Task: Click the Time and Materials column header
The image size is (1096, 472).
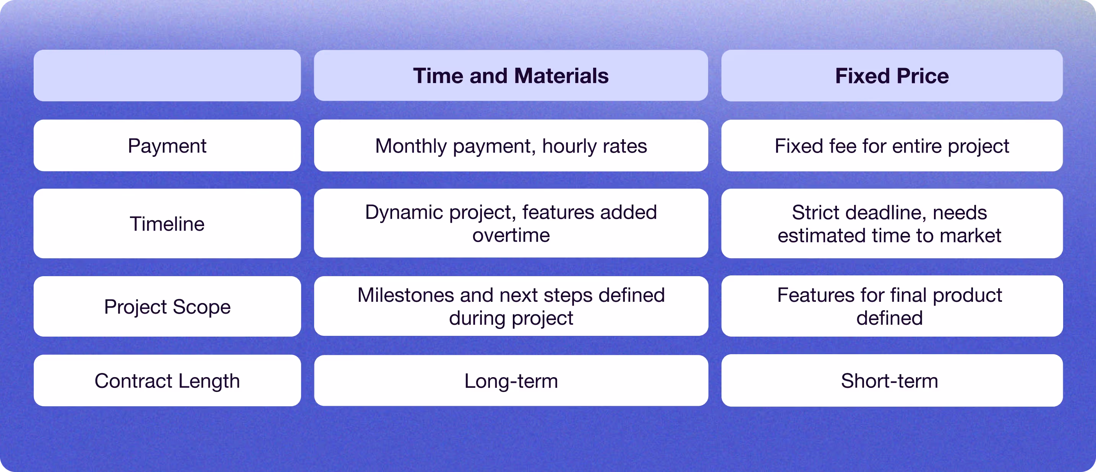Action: (x=511, y=75)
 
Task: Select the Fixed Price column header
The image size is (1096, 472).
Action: (x=892, y=75)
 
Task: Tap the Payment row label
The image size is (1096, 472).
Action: (x=167, y=146)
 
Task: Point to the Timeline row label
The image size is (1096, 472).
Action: (x=167, y=224)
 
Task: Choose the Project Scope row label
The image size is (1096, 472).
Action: (x=167, y=306)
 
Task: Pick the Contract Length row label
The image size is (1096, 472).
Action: (x=167, y=381)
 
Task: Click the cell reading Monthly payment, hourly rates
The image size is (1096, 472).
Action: (x=511, y=146)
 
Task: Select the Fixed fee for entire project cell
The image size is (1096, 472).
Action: (x=892, y=146)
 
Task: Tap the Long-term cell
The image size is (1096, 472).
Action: (x=511, y=381)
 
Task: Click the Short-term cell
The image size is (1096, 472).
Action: (x=892, y=381)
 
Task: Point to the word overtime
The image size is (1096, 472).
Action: (x=511, y=236)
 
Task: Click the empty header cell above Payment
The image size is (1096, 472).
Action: (x=167, y=75)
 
